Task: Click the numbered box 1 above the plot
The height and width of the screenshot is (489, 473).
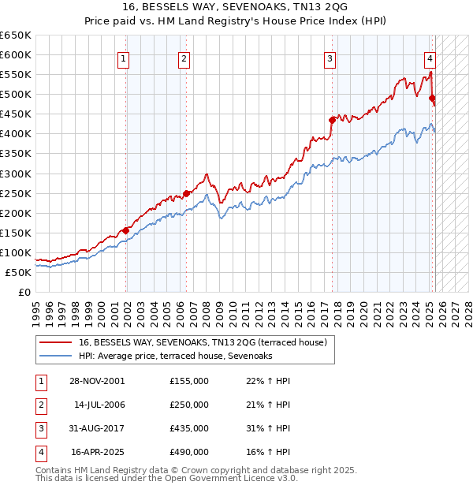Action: [x=125, y=58]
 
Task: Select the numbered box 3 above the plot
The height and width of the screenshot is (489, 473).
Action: [x=330, y=58]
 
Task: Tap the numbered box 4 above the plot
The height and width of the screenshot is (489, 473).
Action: [x=430, y=58]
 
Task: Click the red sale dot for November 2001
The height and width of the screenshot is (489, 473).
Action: [x=126, y=230]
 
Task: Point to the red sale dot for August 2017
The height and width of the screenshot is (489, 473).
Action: [x=333, y=120]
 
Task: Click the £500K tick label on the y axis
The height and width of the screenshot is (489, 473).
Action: [x=16, y=95]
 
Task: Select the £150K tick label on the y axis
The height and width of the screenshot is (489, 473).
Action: [x=16, y=233]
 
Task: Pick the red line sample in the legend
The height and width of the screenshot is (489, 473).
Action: [x=55, y=342]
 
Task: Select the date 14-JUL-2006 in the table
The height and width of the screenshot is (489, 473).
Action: [x=99, y=405]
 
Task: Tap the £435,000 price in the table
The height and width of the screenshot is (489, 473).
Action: [x=188, y=428]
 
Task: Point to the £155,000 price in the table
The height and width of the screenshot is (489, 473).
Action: [x=188, y=381]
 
